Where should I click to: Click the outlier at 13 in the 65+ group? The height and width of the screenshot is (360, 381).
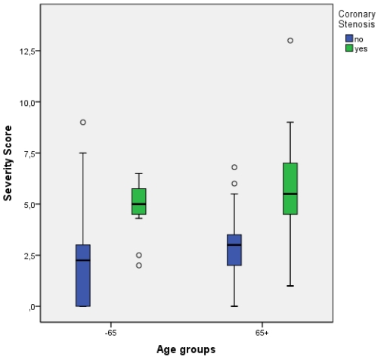click(290, 40)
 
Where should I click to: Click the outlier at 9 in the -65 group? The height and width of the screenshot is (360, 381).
click(83, 122)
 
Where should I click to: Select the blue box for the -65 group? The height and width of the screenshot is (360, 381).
click(83, 275)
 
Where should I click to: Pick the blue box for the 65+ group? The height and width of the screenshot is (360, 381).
click(234, 250)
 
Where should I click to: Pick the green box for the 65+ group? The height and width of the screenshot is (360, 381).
click(290, 188)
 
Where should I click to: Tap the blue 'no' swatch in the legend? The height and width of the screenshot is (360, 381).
click(348, 38)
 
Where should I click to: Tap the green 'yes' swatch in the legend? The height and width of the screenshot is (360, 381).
click(348, 48)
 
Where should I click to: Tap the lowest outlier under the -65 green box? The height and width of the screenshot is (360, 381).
click(138, 265)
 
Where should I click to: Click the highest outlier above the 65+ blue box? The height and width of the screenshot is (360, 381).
click(234, 167)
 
